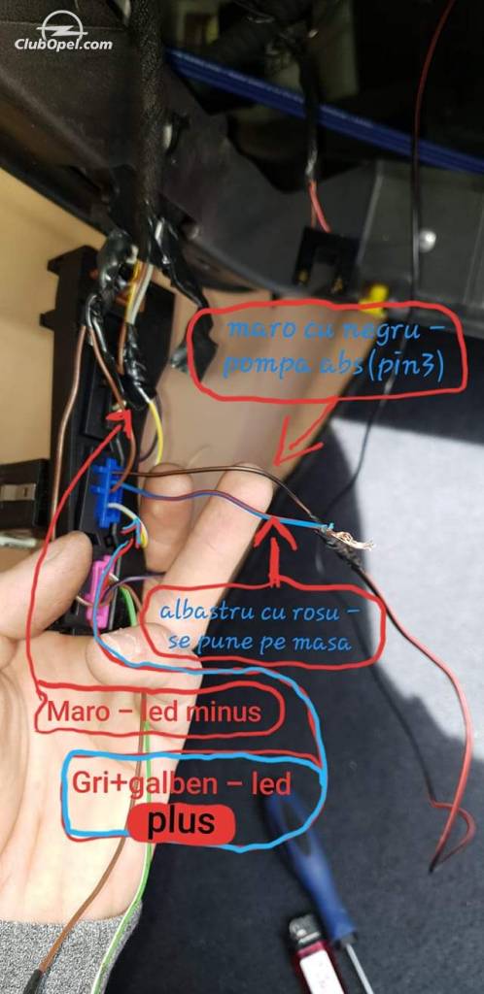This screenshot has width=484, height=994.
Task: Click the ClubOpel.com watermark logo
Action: (x=63, y=31)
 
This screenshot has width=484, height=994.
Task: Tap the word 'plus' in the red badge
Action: (x=181, y=822)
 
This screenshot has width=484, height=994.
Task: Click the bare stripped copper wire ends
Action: (x=349, y=538)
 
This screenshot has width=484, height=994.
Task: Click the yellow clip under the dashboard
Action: (x=375, y=299)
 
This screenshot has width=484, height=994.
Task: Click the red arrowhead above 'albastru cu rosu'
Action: (x=274, y=531)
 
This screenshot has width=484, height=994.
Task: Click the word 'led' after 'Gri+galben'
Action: (x=271, y=784)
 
